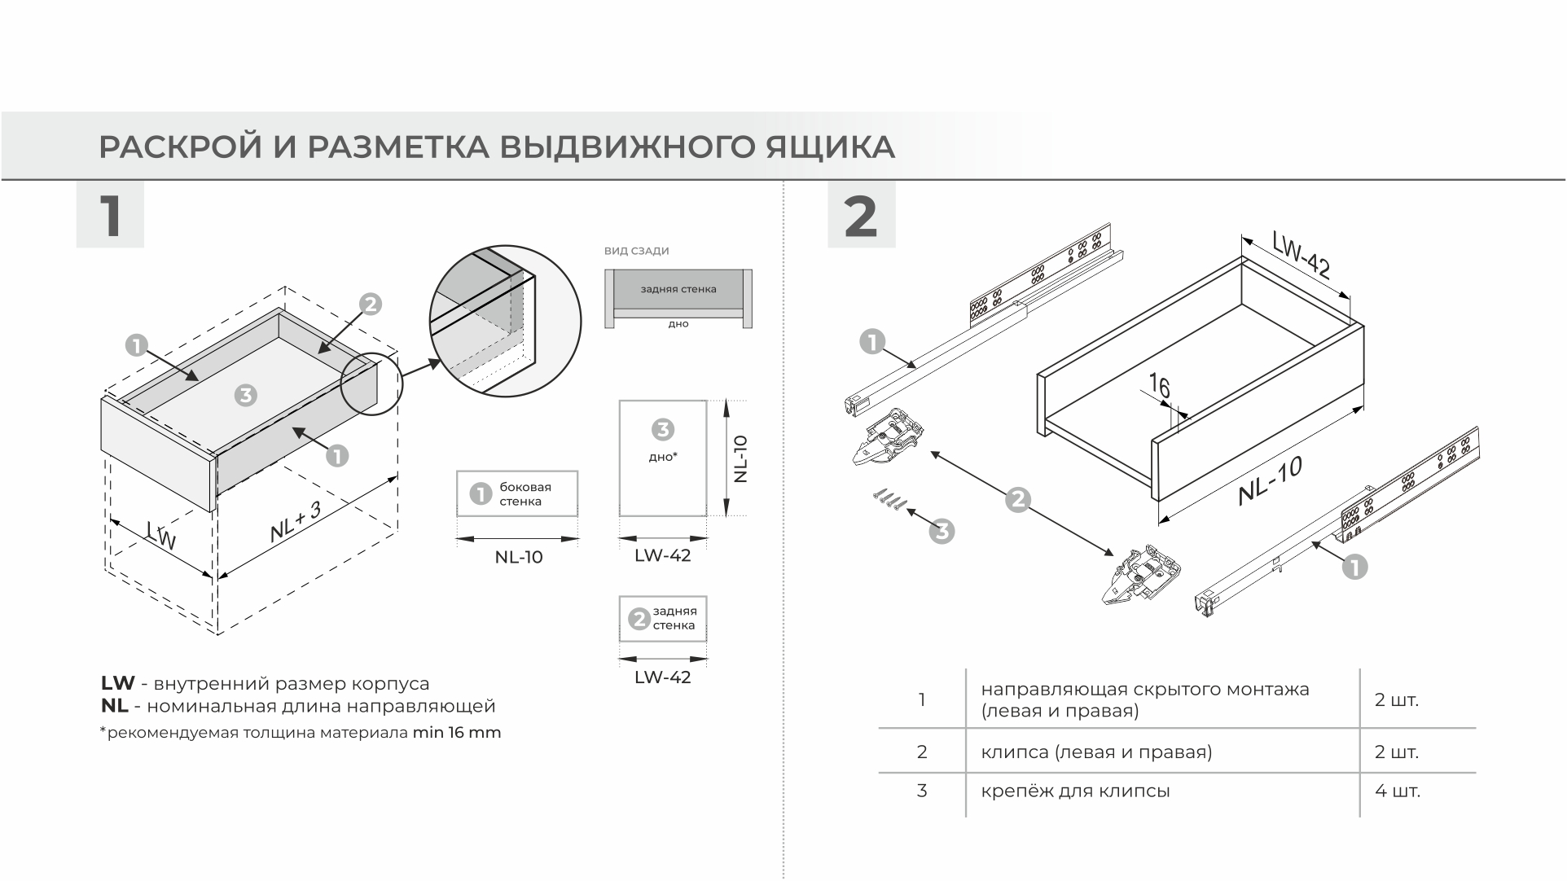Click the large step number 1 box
[110, 215]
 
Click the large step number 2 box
[861, 215]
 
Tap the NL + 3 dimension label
[296, 522]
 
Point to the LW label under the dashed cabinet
[162, 535]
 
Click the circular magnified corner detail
[505, 321]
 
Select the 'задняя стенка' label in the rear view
[678, 289]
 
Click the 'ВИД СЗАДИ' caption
[636, 251]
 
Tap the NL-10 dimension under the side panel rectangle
[518, 557]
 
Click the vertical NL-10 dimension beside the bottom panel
[740, 458]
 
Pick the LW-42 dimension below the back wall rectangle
[662, 677]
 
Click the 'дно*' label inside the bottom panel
[662, 457]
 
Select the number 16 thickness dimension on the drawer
[1159, 385]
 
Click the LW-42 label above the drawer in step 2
[1301, 254]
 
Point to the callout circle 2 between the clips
[1018, 499]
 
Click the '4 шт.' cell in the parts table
[1397, 791]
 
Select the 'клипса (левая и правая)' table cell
[1096, 752]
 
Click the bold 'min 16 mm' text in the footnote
[456, 732]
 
